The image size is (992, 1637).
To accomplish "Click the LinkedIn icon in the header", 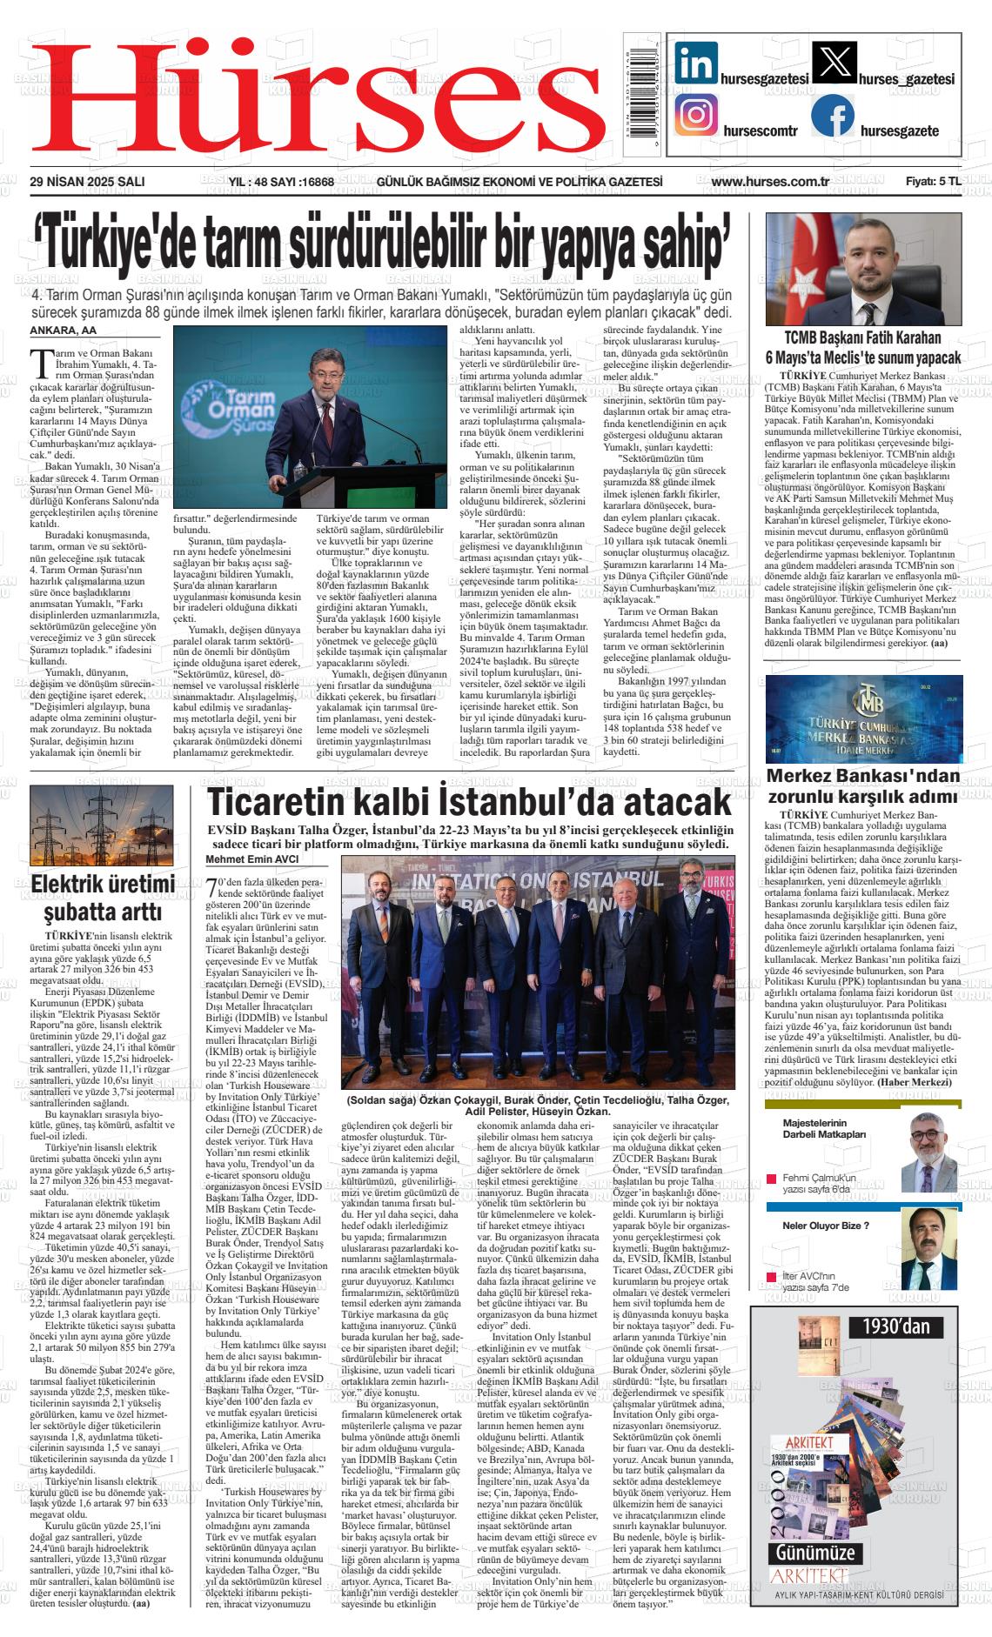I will (696, 63).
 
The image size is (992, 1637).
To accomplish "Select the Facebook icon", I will (833, 116).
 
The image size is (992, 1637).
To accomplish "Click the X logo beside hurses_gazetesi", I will (833, 63).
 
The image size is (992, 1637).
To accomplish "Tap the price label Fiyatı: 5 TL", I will (933, 182).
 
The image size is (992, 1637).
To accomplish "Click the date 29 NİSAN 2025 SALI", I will (87, 182).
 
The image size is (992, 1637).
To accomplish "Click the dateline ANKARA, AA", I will (64, 331).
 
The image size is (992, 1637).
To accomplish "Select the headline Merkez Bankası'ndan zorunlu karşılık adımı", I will (862, 785).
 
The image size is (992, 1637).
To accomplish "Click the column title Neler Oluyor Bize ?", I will (826, 1226).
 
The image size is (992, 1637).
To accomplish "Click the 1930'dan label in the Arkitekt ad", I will (896, 1326).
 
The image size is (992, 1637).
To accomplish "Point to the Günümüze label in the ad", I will (816, 1553).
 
